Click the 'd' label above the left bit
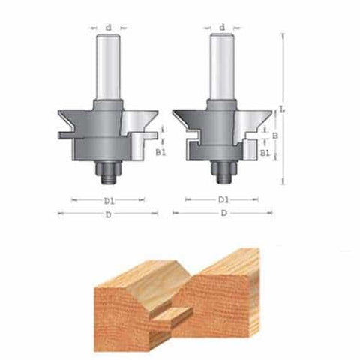tap(109, 28)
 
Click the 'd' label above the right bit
tap(222, 28)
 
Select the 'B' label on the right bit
tap(274, 136)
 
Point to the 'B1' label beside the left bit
tap(160, 151)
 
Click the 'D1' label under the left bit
tap(109, 200)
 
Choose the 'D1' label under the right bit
tap(223, 200)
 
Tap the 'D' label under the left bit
tap(109, 214)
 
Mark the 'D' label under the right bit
tap(223, 214)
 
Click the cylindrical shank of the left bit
tap(109, 67)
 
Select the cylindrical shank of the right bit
tap(222, 67)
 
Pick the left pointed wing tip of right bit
tap(174, 113)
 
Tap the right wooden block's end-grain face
tap(225, 315)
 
